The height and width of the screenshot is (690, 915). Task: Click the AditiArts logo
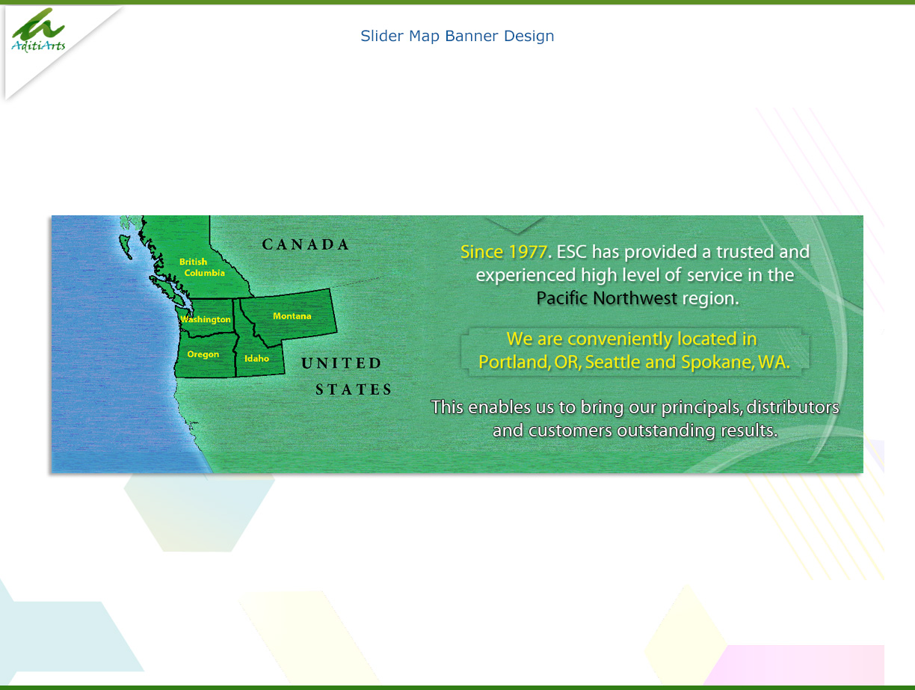38,31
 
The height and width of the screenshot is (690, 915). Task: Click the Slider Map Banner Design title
457,36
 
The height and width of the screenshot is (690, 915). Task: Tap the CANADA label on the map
306,244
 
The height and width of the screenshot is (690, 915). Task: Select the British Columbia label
201,268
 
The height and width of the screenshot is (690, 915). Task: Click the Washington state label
206,319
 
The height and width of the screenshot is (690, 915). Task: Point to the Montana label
292,316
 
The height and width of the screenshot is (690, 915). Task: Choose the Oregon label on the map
203,354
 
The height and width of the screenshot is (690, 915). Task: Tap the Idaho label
256,359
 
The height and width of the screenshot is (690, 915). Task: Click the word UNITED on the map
341,364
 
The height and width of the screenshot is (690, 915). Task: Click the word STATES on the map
353,389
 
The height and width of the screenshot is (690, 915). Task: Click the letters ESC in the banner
572,252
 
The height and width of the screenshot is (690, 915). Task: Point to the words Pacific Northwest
606,298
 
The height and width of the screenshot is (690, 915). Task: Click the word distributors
792,407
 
